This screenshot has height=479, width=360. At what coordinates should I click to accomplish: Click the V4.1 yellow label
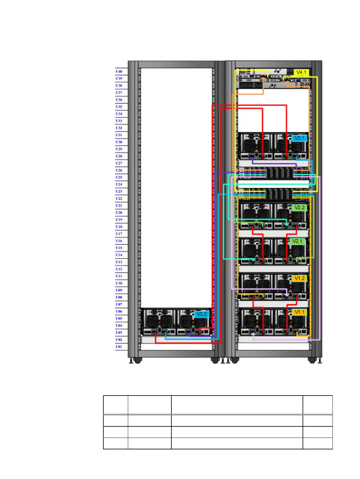(x=301, y=72)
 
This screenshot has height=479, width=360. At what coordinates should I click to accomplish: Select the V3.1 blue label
(x=300, y=138)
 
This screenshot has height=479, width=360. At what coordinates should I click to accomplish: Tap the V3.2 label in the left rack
(x=202, y=314)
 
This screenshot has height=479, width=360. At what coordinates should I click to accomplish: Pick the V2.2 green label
(x=299, y=207)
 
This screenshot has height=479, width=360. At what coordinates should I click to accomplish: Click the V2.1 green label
(x=297, y=241)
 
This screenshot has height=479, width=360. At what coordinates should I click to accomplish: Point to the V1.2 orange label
(x=300, y=278)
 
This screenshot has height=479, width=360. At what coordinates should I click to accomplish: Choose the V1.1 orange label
(x=300, y=312)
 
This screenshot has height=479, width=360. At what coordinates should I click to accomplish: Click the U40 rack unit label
(x=119, y=71)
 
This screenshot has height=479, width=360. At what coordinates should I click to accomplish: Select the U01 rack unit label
(x=119, y=347)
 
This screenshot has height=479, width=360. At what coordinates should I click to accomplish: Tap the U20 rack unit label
(x=119, y=213)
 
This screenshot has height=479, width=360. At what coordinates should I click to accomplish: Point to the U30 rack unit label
(x=119, y=142)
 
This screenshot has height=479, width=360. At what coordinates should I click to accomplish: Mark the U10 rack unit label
(x=119, y=283)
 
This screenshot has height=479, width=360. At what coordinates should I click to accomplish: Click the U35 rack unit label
(x=119, y=107)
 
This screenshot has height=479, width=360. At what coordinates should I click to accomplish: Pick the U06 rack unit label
(x=119, y=311)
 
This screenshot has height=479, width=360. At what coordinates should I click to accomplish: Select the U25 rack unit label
(x=119, y=177)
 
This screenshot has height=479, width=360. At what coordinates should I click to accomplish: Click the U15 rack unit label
(x=119, y=248)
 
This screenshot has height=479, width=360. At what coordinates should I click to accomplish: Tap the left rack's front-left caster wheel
(x=138, y=360)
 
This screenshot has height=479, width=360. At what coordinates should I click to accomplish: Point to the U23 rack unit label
(x=119, y=191)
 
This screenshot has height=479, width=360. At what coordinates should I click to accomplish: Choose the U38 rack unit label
(x=119, y=86)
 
